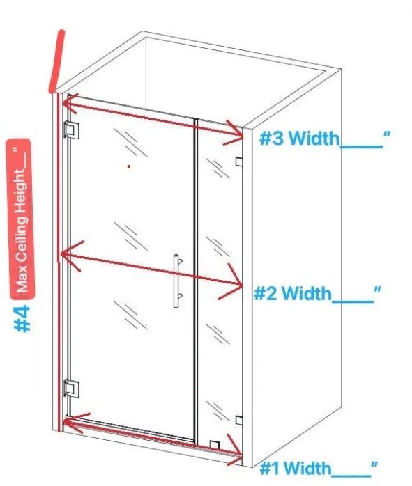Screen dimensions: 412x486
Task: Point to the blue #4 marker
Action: pos(22,319)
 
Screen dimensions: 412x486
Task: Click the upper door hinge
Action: pos(72,130)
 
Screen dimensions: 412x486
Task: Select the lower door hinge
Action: pos(72,389)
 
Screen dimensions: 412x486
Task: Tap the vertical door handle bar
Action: pos(176,281)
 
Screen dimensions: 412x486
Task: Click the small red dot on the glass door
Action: pos(129,166)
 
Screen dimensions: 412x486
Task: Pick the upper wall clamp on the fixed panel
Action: pos(239,162)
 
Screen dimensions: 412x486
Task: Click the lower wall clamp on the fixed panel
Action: pos(239,421)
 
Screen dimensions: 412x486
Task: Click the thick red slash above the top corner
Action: pos(56,61)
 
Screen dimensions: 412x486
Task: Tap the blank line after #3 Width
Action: pos(361,146)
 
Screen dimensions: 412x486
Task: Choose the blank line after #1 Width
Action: pos(351,476)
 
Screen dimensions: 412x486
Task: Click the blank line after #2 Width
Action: pos(353,301)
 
